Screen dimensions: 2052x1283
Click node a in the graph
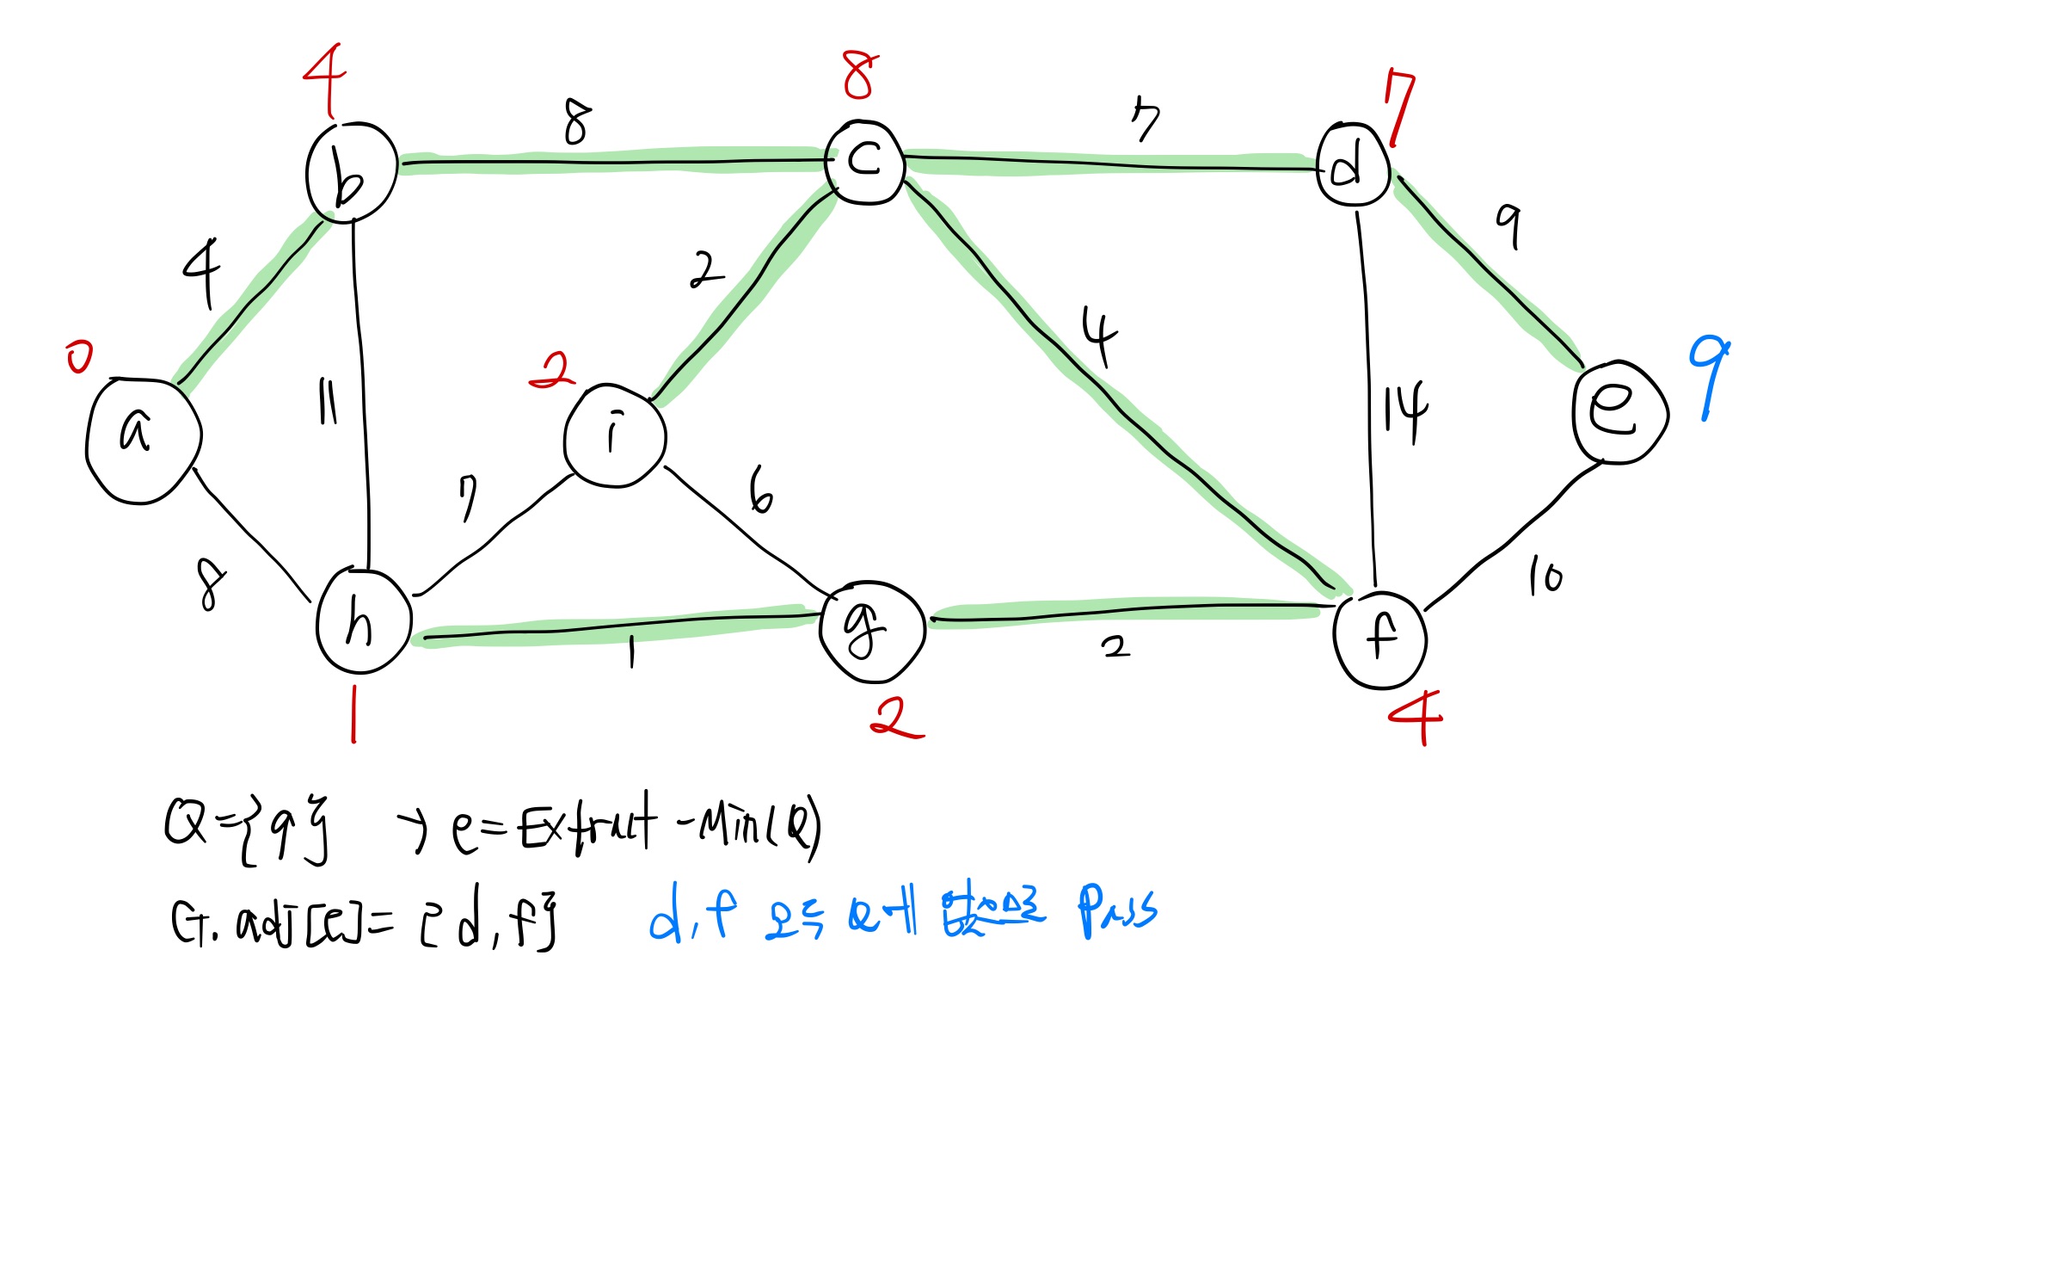click(143, 440)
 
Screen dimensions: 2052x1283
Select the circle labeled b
click(351, 173)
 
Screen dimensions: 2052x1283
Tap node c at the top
click(864, 162)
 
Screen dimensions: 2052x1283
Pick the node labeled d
click(1353, 164)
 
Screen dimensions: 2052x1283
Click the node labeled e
click(1619, 412)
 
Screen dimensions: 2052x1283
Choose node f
click(1379, 639)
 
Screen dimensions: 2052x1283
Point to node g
click(871, 631)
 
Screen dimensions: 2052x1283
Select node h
click(363, 621)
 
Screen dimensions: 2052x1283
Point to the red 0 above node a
click(79, 356)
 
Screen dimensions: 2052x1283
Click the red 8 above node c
click(860, 74)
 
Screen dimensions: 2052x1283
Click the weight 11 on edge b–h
click(328, 402)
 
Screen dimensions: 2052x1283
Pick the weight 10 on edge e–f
click(1545, 576)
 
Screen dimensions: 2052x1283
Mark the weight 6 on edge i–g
click(760, 490)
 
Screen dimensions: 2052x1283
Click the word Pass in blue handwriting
click(1117, 910)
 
